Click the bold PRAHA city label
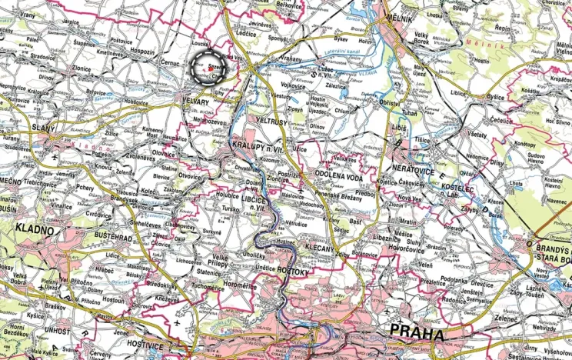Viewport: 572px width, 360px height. pyautogui.click(x=417, y=335)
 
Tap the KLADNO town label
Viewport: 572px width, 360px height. pyautogui.click(x=35, y=229)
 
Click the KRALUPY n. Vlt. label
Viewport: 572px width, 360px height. pyautogui.click(x=255, y=145)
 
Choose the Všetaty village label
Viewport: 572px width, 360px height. pyautogui.click(x=477, y=134)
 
